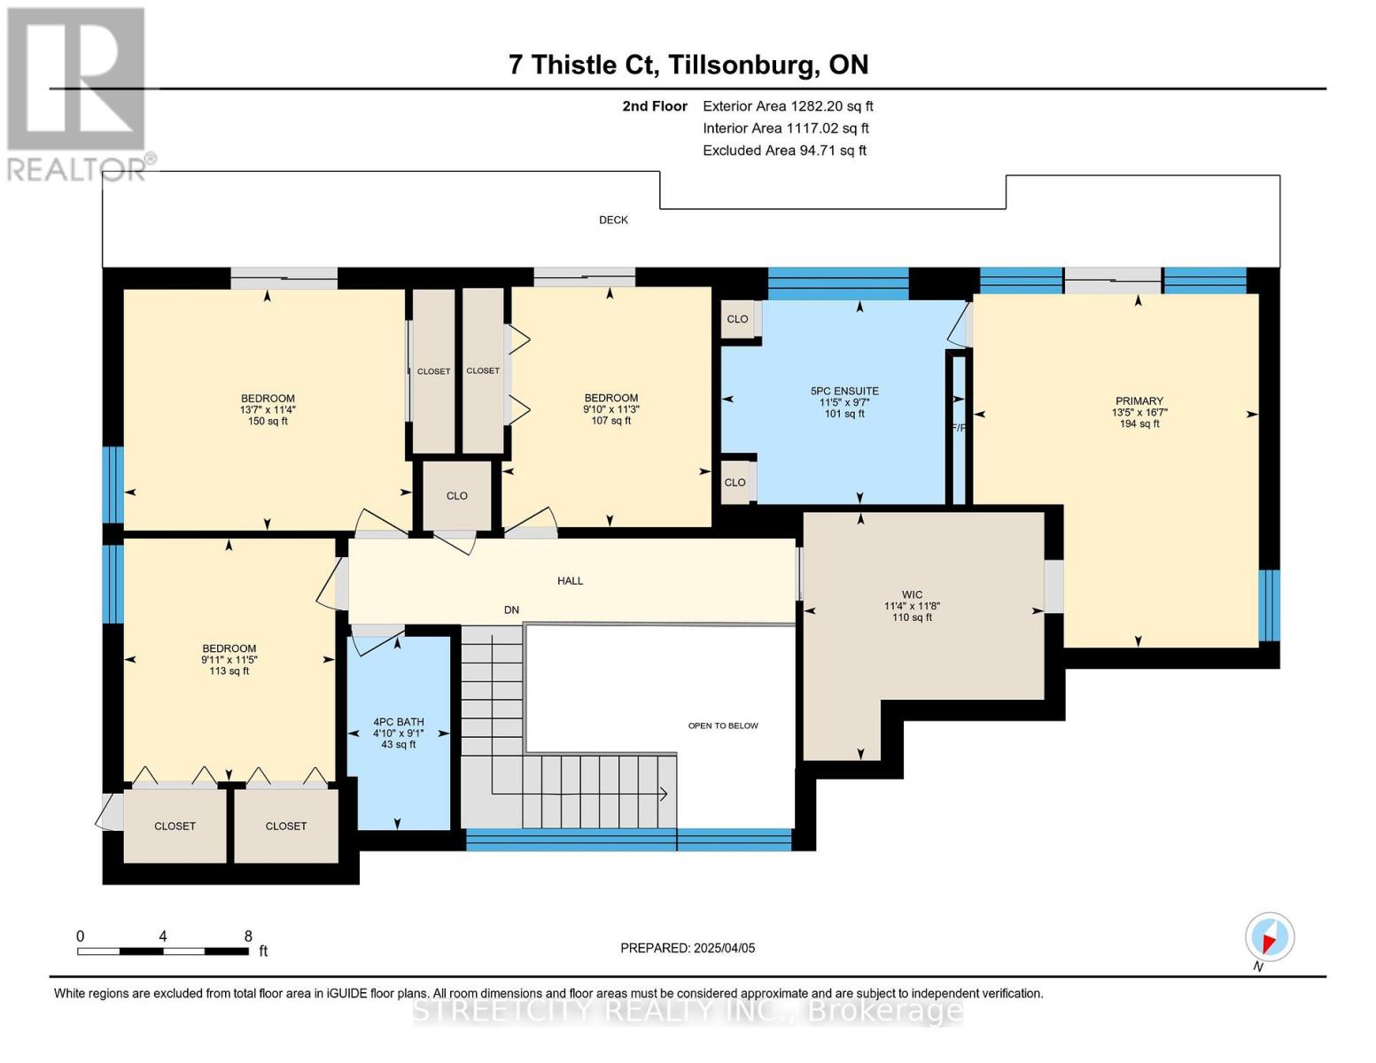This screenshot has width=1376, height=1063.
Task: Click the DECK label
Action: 613,220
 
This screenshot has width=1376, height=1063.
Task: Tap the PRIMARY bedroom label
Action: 1139,401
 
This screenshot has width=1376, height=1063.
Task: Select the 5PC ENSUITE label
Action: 843,391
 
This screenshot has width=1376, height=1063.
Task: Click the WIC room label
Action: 912,595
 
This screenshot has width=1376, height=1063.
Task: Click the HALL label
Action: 570,581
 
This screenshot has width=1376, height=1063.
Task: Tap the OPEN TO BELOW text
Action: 723,725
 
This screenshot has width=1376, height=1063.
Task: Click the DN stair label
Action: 511,610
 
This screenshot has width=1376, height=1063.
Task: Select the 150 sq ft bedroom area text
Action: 268,422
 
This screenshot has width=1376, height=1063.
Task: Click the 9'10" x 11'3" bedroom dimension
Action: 610,409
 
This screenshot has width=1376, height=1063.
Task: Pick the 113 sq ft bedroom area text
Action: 229,671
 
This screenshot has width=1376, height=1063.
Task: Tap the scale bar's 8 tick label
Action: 248,936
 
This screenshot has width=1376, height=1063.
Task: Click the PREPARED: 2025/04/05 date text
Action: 688,948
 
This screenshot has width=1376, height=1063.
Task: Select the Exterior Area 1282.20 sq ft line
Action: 787,106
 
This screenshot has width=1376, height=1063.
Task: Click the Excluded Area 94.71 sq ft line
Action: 784,151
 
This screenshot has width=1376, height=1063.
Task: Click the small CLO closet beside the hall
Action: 456,496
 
